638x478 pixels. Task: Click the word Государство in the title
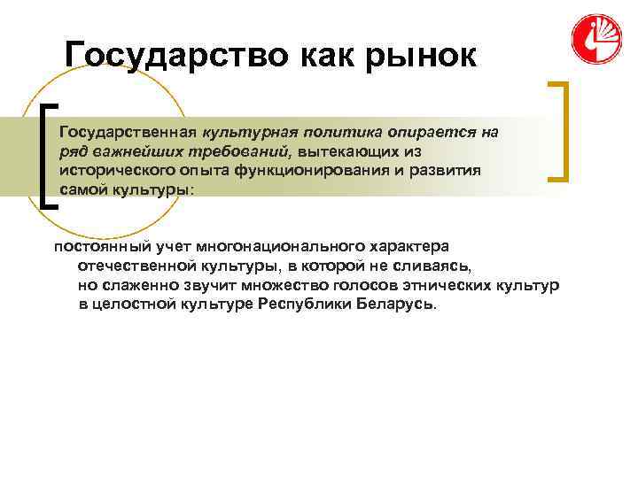click(168, 56)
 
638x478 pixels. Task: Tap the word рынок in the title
click(416, 56)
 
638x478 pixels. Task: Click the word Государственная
click(128, 132)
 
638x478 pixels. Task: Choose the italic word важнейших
click(140, 151)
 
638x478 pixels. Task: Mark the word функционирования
click(307, 171)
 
